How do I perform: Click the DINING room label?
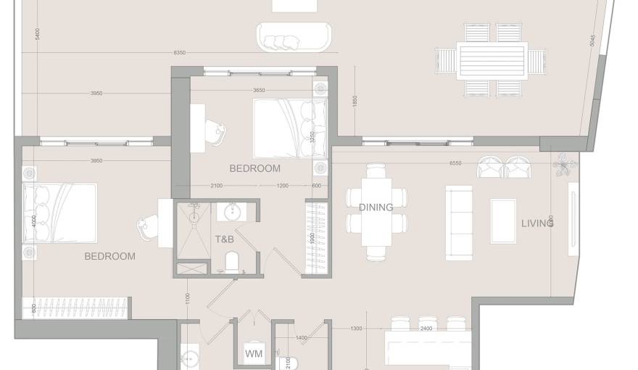click(376, 207)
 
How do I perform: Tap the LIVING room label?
click(537, 223)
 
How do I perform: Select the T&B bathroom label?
click(224, 239)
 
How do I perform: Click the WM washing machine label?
click(253, 354)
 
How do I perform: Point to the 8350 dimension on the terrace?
click(181, 52)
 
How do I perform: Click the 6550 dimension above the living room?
click(455, 163)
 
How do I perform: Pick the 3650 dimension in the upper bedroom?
click(259, 90)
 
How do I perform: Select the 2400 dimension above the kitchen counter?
click(426, 329)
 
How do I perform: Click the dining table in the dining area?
click(376, 212)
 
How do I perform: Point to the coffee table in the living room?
click(503, 221)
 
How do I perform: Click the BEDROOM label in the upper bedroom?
click(254, 168)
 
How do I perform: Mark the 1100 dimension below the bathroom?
click(187, 297)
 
